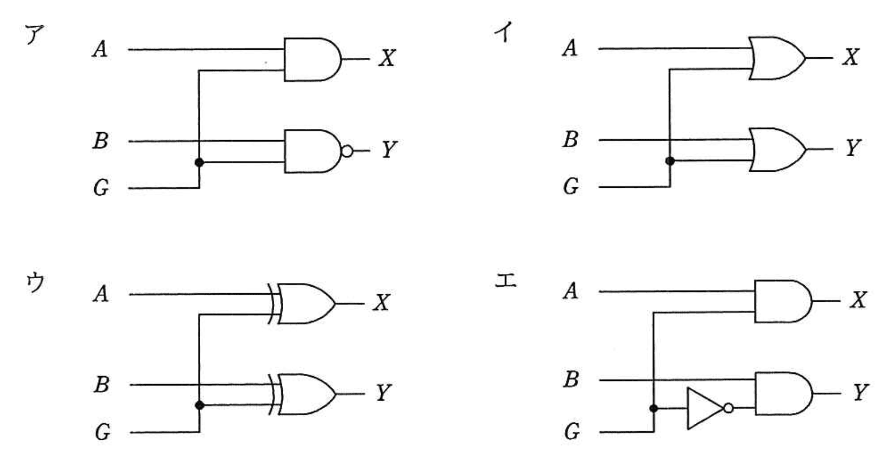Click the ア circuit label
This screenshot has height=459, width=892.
click(x=34, y=36)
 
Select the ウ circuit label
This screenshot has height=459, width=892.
click(x=35, y=282)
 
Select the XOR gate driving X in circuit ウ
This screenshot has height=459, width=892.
click(x=304, y=304)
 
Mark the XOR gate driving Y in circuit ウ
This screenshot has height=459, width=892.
click(x=304, y=395)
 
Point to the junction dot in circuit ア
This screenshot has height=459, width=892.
click(x=199, y=162)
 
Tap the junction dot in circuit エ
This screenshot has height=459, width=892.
click(x=653, y=408)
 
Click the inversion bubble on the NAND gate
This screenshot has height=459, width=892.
click(x=347, y=151)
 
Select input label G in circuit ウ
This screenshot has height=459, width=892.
click(x=102, y=431)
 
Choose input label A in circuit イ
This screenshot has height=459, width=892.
click(x=570, y=48)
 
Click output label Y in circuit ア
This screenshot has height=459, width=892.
click(x=389, y=149)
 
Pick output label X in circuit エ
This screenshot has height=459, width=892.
click(x=858, y=300)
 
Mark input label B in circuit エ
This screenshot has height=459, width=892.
click(x=571, y=379)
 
